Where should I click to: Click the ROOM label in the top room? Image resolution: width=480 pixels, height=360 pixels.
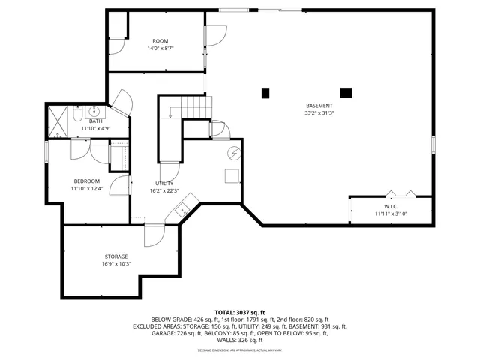point(160,41)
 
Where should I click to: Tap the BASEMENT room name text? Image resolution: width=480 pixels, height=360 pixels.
point(319,105)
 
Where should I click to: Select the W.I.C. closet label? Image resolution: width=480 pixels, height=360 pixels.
point(390,205)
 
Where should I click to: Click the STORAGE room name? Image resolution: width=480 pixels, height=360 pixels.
point(116,256)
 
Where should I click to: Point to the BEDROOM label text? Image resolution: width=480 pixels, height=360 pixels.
point(86,181)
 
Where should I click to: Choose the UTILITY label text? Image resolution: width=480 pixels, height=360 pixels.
point(164,184)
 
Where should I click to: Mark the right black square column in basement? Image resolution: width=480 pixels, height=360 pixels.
point(346,93)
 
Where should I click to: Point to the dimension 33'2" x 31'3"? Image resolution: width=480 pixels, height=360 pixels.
point(319,113)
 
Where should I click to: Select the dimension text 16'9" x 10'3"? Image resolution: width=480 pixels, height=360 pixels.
point(116,264)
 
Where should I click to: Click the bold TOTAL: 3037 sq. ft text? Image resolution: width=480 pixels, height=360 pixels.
point(240,312)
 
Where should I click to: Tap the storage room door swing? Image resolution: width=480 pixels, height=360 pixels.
point(154,237)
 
